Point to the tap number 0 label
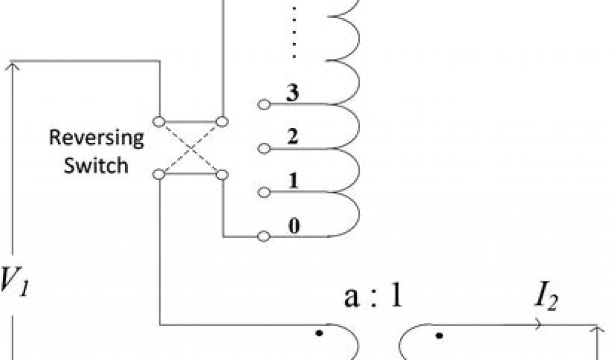point(294,226)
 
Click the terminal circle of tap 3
point(263,104)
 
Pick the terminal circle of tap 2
point(263,148)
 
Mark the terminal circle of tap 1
point(263,193)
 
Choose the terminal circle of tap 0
point(263,236)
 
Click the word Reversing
point(97,138)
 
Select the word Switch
point(97,164)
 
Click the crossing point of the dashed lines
point(191,148)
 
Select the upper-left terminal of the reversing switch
point(159,122)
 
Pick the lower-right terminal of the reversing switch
point(222,175)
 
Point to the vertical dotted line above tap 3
point(294,33)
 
